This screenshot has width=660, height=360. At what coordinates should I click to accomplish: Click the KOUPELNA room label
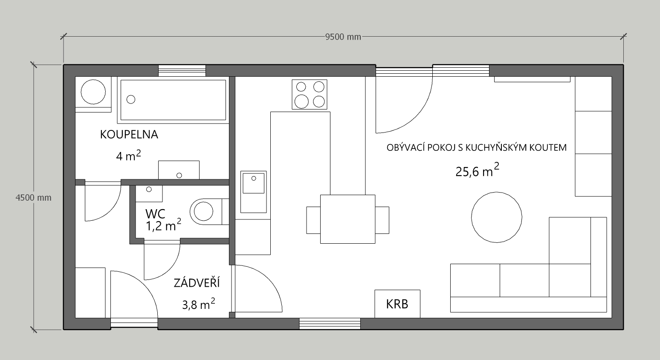coord(129,135)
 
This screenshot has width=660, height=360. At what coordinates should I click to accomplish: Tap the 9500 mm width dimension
coord(343,37)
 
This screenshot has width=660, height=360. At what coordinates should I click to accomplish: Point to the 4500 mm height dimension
coord(33,198)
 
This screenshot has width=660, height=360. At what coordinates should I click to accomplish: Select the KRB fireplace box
coord(397,304)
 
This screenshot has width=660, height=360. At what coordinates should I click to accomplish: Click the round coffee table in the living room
coord(496,217)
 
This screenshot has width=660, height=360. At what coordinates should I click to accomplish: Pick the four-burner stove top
coord(310,95)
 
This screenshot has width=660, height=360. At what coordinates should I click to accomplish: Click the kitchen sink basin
coord(253,183)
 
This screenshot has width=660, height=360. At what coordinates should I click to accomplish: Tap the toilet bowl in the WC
coord(203,211)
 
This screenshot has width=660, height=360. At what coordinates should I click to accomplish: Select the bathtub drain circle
coord(131,100)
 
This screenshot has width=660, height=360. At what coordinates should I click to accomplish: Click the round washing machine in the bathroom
coord(93,92)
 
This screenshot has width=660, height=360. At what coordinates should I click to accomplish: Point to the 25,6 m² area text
coord(478,170)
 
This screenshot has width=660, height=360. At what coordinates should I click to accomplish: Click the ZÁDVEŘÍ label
coord(197,282)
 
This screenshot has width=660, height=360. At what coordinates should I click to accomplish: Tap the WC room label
coord(155,213)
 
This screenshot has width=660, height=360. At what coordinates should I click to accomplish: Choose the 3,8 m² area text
coord(199,304)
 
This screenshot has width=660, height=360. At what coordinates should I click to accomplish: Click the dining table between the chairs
coord(347,219)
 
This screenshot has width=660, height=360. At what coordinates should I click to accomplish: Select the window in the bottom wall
coord(330,324)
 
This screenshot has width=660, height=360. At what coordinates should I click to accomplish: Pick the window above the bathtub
coord(182,71)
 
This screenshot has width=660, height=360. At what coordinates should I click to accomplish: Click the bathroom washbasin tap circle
coord(179,176)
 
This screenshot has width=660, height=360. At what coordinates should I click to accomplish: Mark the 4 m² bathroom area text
coord(128,156)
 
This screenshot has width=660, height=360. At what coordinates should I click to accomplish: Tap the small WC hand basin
coord(149,193)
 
